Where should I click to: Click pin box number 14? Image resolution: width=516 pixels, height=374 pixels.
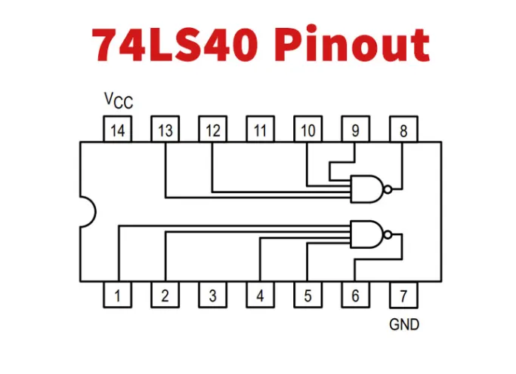[117, 130]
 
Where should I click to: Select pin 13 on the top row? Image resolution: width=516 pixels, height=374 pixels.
[165, 130]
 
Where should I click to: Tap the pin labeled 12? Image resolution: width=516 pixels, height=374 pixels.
[212, 130]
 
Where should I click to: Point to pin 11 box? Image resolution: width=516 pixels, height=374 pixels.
[260, 130]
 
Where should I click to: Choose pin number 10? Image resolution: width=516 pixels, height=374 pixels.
[307, 130]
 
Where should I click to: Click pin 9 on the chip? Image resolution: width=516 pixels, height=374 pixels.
[355, 130]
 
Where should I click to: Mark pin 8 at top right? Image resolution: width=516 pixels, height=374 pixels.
[403, 130]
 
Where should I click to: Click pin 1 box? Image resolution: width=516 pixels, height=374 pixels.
[117, 296]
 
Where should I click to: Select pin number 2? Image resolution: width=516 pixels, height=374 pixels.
[165, 296]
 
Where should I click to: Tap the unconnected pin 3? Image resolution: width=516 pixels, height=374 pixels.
[212, 296]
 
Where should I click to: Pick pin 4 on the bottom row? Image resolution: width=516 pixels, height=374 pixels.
[260, 296]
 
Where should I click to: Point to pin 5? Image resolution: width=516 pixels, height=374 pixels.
[307, 296]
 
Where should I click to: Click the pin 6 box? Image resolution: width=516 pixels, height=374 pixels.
[355, 296]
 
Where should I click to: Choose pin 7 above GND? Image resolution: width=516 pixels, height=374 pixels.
[403, 296]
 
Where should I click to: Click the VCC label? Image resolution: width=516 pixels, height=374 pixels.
[117, 100]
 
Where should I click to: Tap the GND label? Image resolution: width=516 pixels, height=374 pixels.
[404, 326]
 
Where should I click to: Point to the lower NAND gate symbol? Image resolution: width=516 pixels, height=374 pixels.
[367, 234]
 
